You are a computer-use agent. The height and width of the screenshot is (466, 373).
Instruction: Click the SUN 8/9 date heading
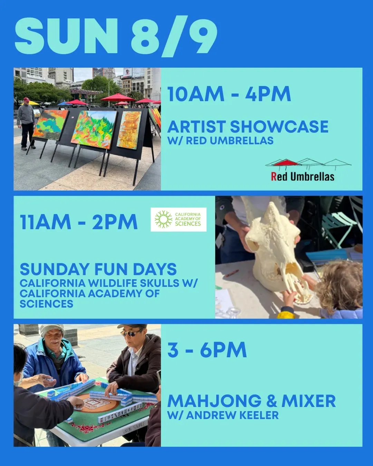coord(116,36)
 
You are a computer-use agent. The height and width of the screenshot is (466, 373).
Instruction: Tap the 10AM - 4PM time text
coord(229,94)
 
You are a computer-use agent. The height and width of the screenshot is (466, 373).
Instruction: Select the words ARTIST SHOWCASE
coord(248,127)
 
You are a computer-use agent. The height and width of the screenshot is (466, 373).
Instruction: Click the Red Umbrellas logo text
coord(303,176)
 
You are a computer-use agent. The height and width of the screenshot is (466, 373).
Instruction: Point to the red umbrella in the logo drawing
coord(287,162)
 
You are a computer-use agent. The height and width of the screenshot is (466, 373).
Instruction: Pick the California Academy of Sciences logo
coord(178,220)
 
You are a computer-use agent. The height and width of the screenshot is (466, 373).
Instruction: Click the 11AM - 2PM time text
coord(79,222)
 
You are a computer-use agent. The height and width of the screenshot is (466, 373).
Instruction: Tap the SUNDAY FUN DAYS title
coord(98,269)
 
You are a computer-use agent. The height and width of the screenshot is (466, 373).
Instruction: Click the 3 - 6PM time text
coord(207,350)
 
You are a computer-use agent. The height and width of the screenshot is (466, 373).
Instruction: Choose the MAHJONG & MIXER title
coord(251,401)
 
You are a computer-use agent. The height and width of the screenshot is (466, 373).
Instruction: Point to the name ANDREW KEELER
coord(232,415)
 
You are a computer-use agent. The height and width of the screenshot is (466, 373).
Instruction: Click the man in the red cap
coord(27,124)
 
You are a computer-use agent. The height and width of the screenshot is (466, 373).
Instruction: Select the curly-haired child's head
coord(340,285)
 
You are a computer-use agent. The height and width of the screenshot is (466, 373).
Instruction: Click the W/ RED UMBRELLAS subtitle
coord(220,141)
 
